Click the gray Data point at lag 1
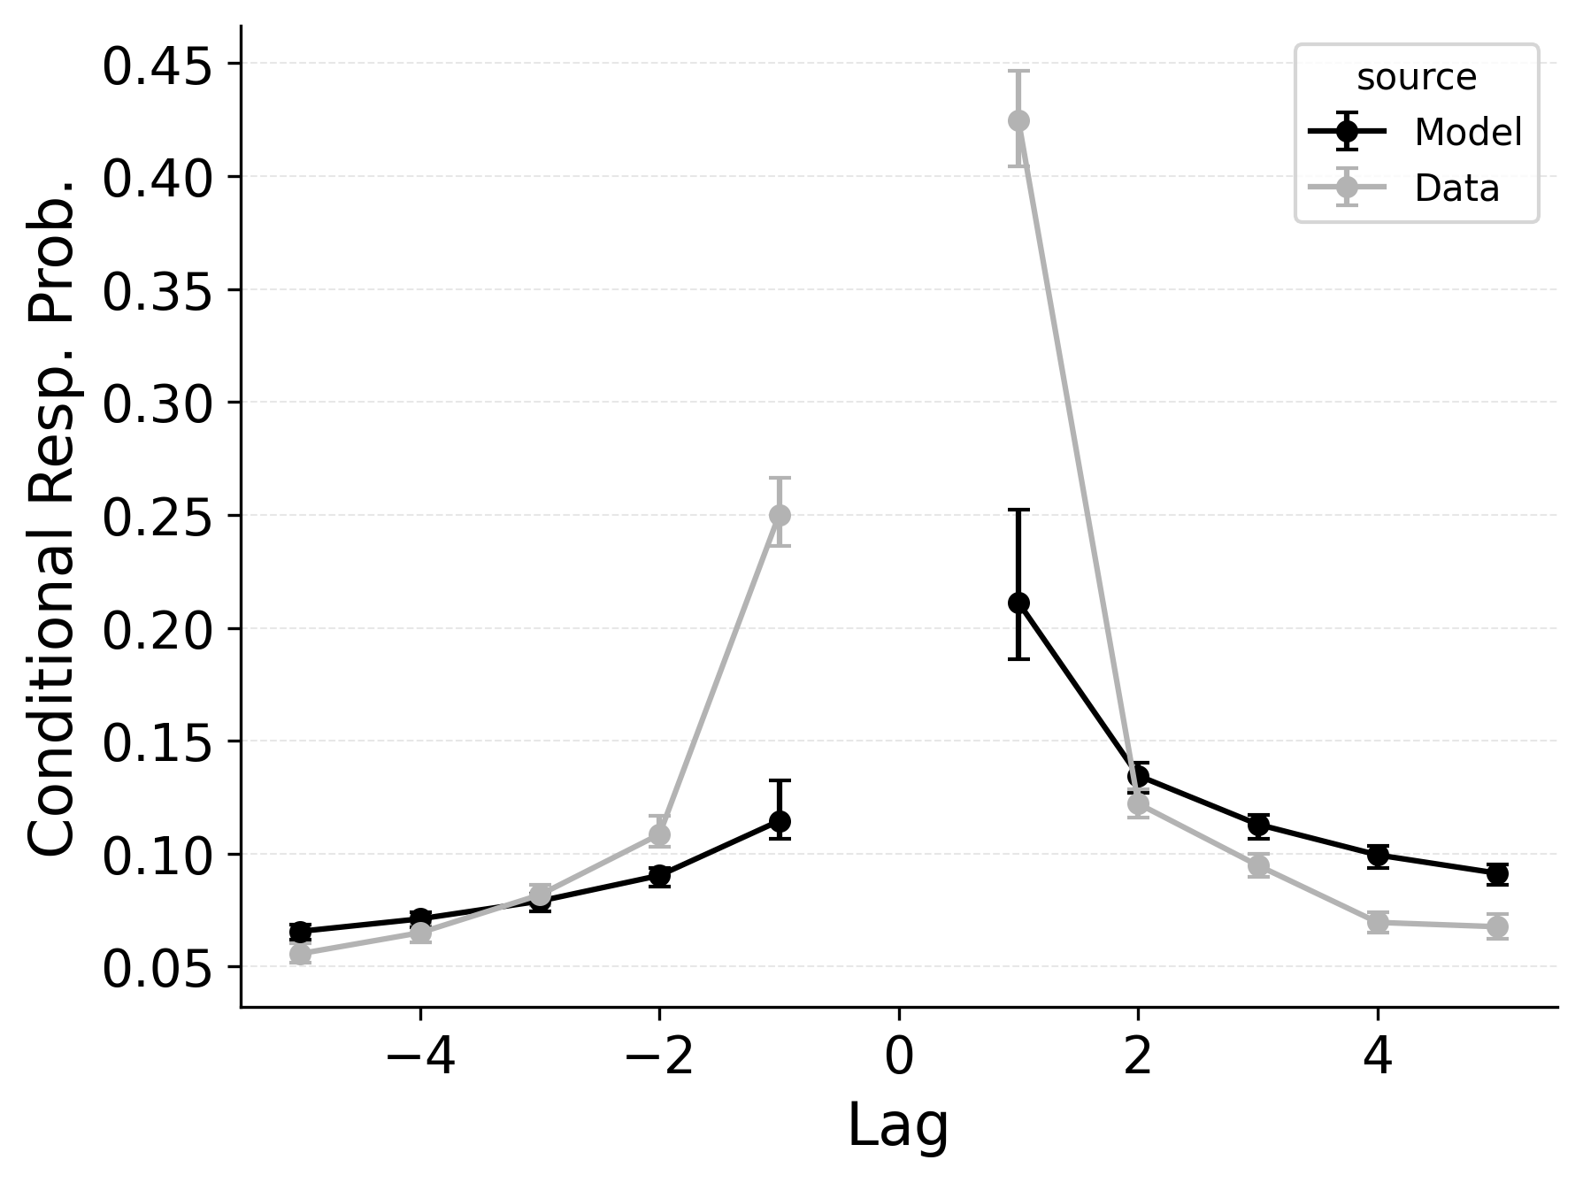point(1018,120)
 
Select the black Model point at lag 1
point(1018,603)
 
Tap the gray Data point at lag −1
point(780,515)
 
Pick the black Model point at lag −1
point(780,821)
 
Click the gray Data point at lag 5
point(1497,926)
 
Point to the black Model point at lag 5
point(1497,874)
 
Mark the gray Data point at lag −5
point(300,954)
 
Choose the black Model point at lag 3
point(1258,826)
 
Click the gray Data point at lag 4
point(1378,922)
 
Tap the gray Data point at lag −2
point(659,833)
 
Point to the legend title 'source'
point(1416,78)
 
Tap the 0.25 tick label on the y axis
point(158,519)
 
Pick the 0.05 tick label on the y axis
point(158,970)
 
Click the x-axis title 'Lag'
point(898,1126)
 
